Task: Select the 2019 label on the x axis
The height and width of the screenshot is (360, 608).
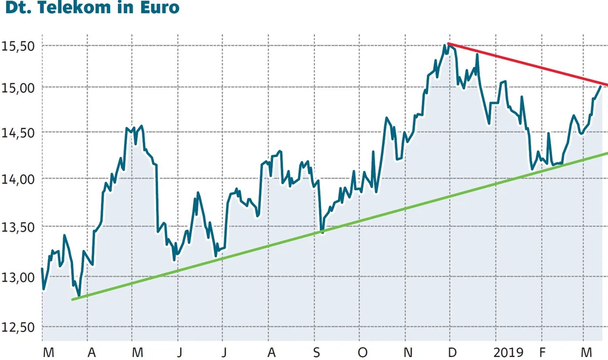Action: [x=508, y=352]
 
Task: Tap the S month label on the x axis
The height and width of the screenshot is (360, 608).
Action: [x=317, y=352]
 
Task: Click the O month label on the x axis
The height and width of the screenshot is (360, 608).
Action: [x=362, y=352]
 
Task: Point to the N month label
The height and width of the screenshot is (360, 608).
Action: [x=409, y=352]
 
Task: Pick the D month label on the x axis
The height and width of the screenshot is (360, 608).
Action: [x=451, y=352]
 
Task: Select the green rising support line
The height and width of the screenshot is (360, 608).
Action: [x=340, y=226]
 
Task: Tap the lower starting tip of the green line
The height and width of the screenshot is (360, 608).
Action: [x=73, y=299]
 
